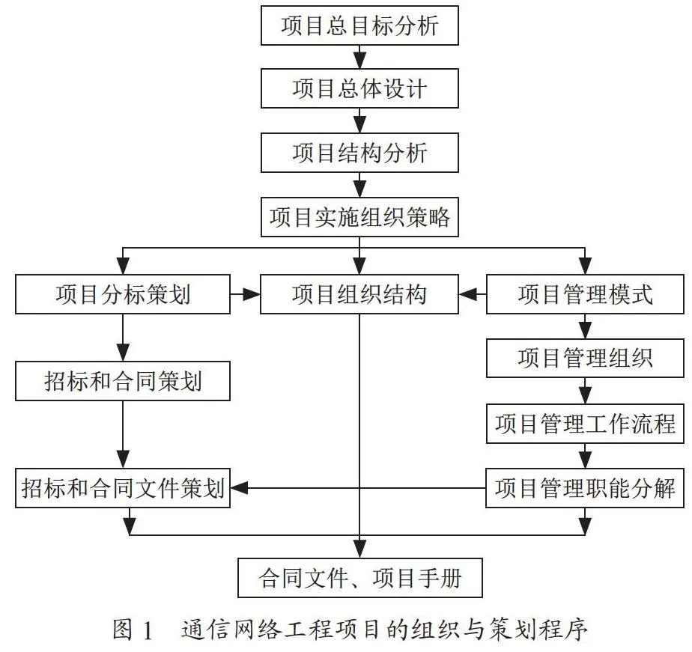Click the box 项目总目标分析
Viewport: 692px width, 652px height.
pos(359,25)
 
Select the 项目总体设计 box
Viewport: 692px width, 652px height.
pos(359,88)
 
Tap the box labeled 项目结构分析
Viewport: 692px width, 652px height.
pos(359,153)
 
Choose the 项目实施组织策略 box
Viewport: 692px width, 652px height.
pos(359,217)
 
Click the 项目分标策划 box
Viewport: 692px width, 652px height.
pos(123,294)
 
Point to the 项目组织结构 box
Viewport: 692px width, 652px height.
pos(359,294)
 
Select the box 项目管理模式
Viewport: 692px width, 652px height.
pos(585,294)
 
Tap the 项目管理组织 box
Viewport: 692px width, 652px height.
pos(585,359)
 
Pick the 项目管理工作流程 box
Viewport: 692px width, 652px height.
pos(585,424)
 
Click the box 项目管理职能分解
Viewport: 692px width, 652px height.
pos(585,488)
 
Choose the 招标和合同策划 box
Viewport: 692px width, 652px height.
pos(123,381)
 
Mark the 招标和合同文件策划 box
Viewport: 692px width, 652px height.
pos(123,488)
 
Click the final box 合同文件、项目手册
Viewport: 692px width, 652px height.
pos(360,578)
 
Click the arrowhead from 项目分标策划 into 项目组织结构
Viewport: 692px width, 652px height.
pos(252,294)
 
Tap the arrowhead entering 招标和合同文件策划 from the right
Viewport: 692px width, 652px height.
pos(239,488)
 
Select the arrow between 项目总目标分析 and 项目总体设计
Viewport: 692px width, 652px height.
pos(360,58)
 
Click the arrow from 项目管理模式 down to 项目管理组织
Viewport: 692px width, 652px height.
pos(585,326)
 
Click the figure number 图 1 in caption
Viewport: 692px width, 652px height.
pos(133,630)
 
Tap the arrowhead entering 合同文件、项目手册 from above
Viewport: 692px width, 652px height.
pos(360,549)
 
